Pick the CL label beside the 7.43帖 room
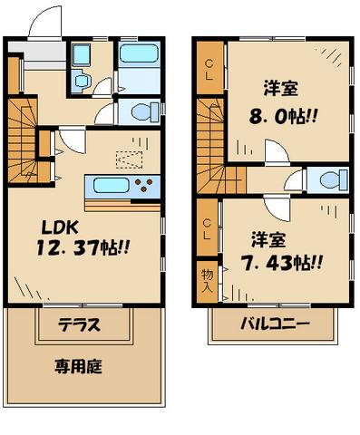coord(208,226)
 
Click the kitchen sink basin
coord(107,188)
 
